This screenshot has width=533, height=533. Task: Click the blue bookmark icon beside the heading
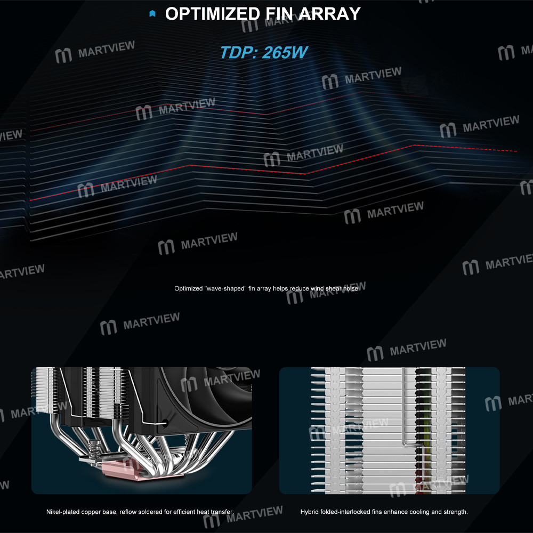click(x=152, y=14)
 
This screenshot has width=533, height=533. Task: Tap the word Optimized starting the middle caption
click(x=188, y=288)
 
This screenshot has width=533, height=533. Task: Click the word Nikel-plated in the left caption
click(x=63, y=512)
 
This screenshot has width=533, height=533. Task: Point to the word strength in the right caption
click(x=456, y=512)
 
